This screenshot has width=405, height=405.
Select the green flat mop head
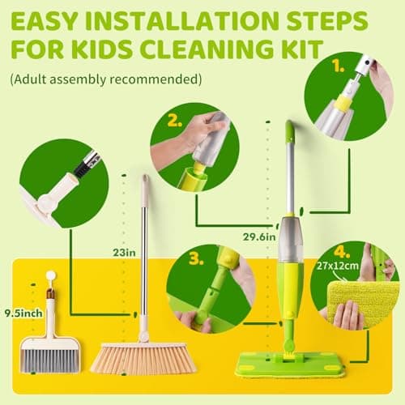[x=289, y=364]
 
